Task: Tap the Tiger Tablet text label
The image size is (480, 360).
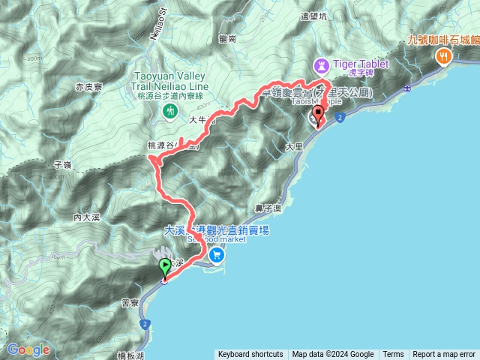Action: [361, 64]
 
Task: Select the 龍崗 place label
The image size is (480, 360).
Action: [229, 38]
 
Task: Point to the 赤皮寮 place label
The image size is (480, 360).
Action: [89, 87]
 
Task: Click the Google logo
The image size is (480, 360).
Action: [28, 349]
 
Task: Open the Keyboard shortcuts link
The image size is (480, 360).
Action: [250, 355]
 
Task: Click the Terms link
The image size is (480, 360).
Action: [393, 355]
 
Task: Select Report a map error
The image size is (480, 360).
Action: [444, 355]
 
